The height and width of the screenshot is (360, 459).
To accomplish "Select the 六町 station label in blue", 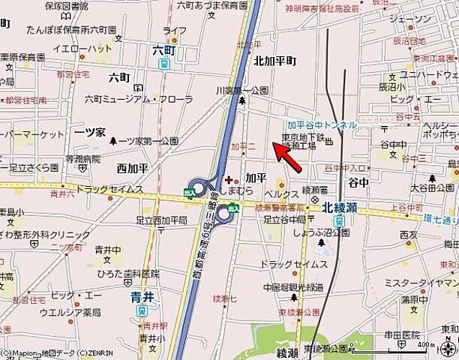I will (x=163, y=49).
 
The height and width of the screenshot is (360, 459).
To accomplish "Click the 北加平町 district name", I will (x=274, y=61).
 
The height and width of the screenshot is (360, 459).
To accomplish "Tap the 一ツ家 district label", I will (x=89, y=130).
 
